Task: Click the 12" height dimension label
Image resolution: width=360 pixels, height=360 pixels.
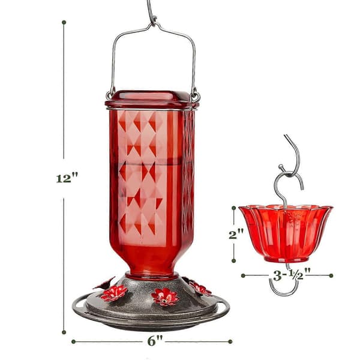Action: [67, 178]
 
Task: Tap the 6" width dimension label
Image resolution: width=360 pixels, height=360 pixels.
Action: [155, 341]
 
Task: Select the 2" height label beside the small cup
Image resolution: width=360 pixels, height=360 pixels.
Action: [236, 234]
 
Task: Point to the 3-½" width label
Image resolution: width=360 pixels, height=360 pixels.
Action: [292, 275]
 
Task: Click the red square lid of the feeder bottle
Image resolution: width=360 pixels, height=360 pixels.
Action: [152, 100]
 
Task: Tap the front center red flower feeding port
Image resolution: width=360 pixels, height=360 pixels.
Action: [165, 297]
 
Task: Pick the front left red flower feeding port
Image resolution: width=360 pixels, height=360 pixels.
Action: [114, 293]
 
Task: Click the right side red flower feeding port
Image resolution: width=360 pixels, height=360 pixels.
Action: [200, 289]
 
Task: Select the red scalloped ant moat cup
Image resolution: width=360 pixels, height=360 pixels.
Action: [286, 233]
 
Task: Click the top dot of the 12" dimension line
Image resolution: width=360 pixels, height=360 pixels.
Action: [64, 22]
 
